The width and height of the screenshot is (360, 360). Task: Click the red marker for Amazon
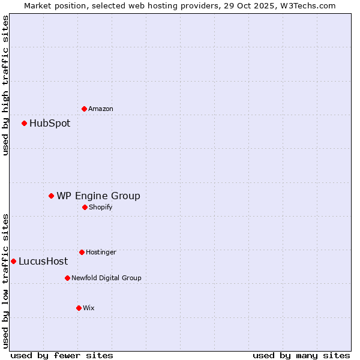[x=84, y=109]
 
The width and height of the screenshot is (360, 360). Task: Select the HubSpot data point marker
[x=24, y=124]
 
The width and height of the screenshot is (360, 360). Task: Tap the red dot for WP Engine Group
[x=52, y=196]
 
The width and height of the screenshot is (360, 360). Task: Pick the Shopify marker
[x=85, y=207]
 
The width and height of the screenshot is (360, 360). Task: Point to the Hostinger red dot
[x=82, y=252]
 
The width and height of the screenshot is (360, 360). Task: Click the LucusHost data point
[x=13, y=261]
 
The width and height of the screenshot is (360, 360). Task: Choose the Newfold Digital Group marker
[x=67, y=278]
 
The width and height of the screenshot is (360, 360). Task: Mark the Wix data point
[x=79, y=308]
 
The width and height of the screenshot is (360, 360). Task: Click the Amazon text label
[x=101, y=109]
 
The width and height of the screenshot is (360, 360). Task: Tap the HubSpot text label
[x=50, y=124]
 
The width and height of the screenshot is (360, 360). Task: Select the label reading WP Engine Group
[x=98, y=196]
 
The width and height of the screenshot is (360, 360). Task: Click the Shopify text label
[x=101, y=208]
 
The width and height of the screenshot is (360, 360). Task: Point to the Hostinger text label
[x=101, y=253]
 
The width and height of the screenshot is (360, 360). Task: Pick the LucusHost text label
[x=43, y=262]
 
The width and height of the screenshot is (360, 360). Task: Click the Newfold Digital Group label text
[x=106, y=278]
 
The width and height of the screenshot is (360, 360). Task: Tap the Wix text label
[x=89, y=308]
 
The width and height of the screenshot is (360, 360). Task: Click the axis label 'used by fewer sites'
[x=62, y=355]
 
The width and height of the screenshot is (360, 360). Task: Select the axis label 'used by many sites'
[x=301, y=355]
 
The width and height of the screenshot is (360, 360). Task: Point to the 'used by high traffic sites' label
[x=5, y=85]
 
